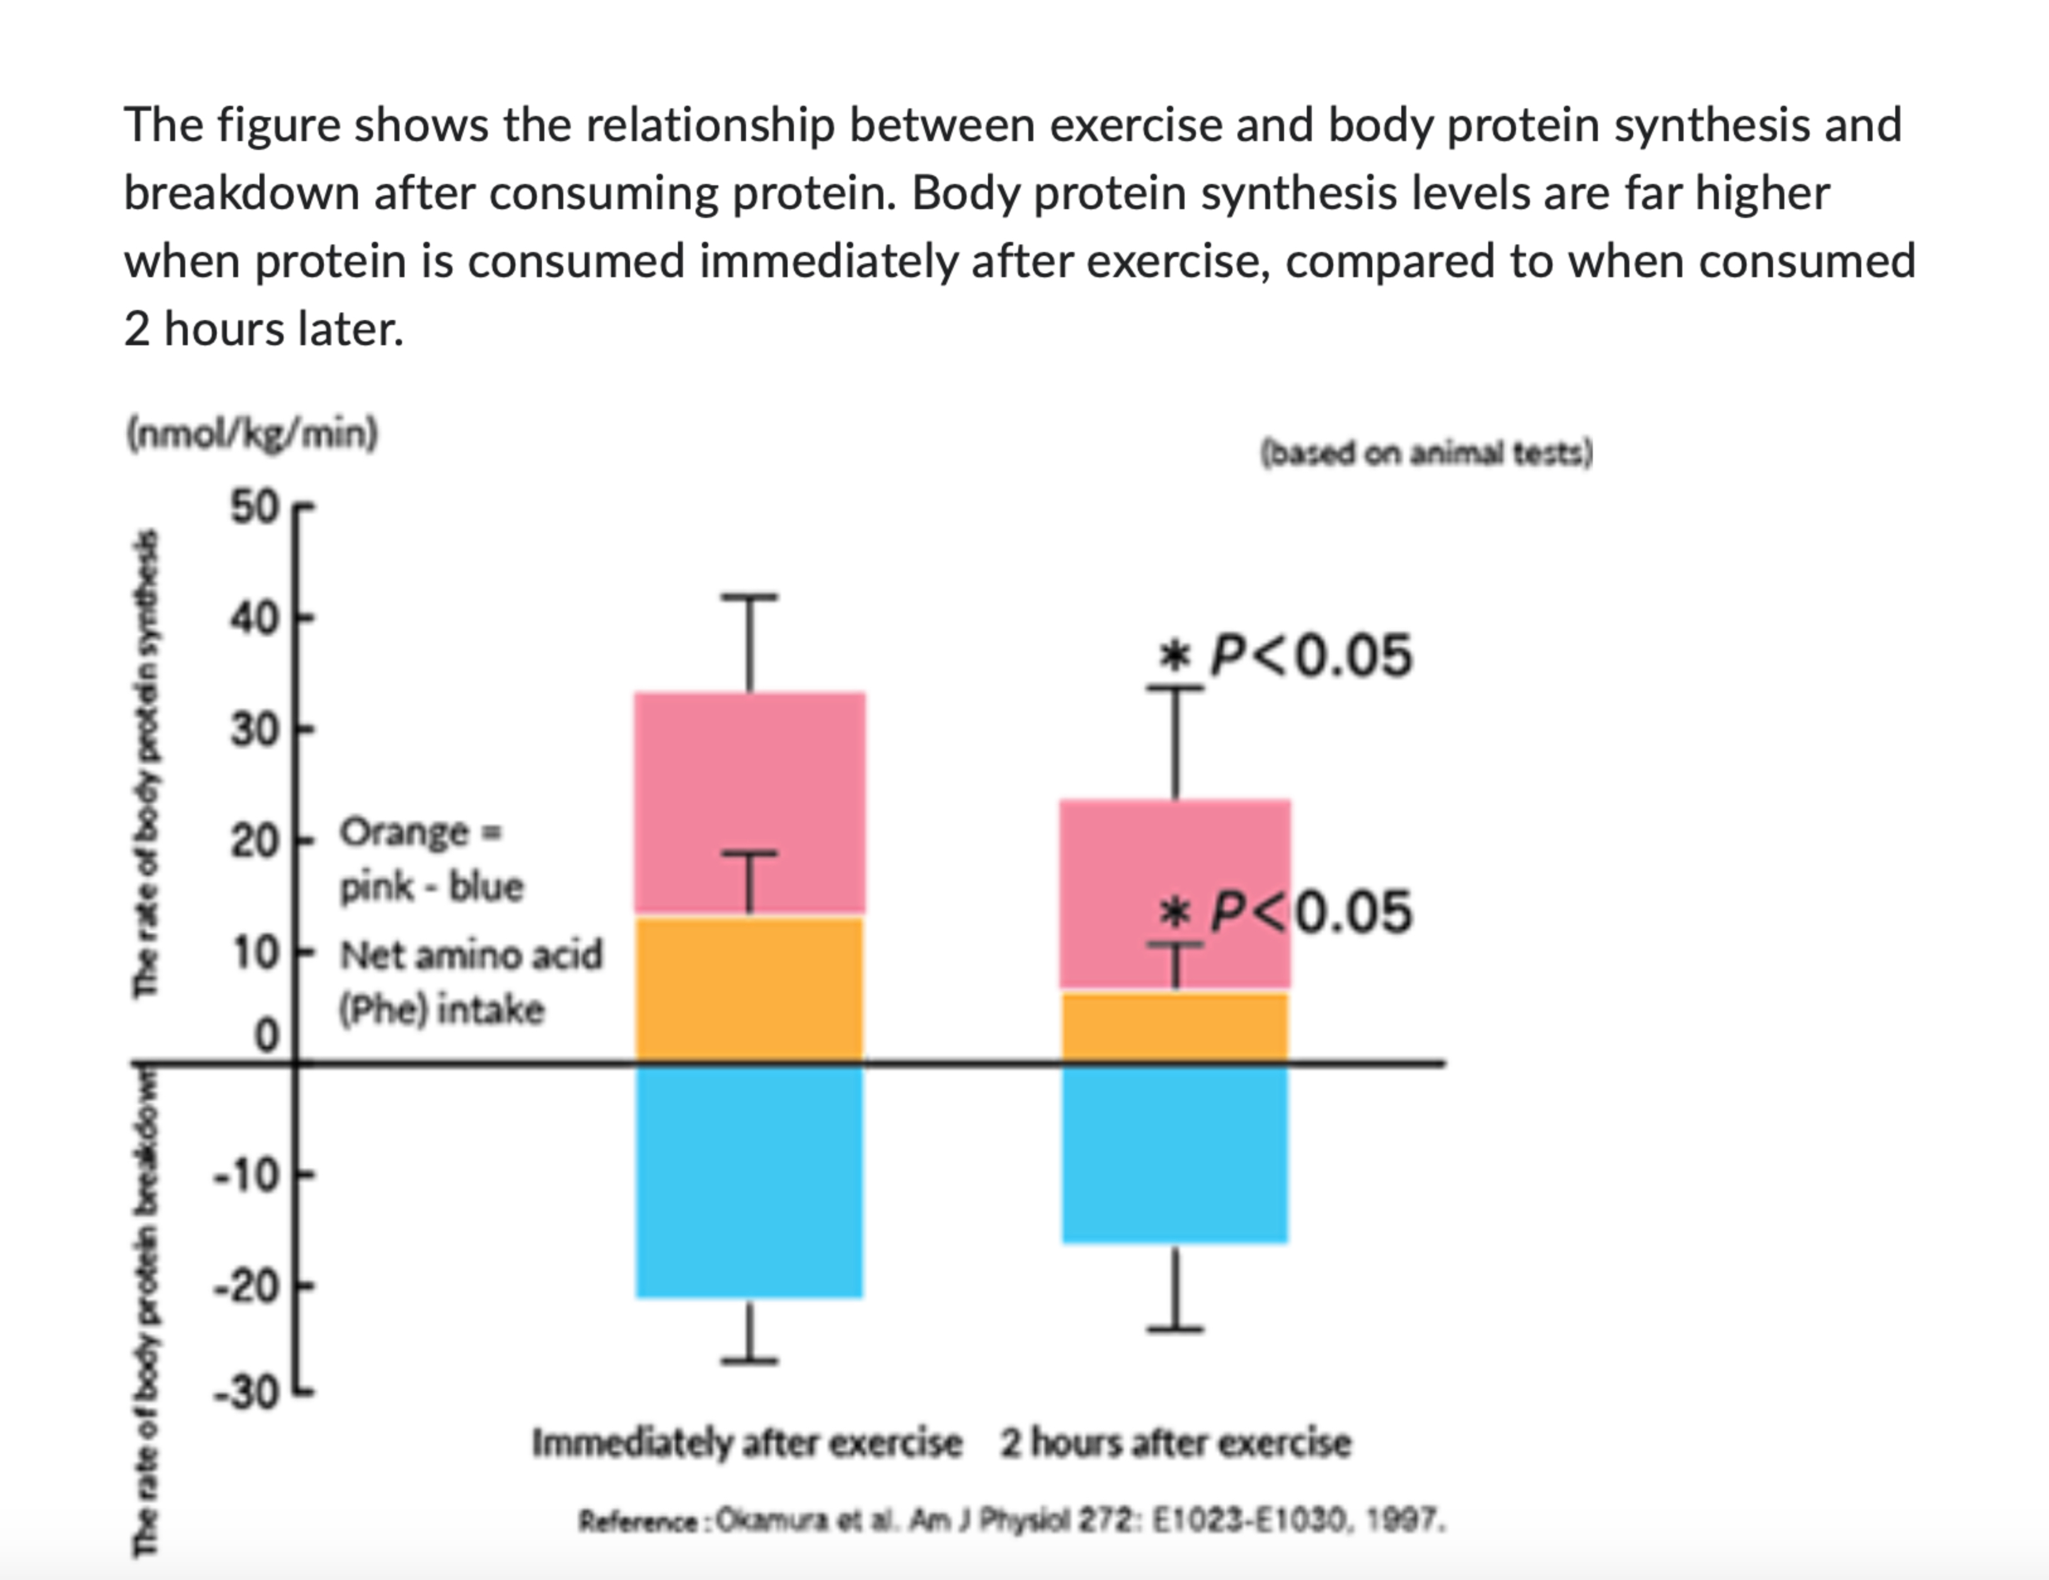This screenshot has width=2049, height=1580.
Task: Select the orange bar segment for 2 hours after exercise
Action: (1174, 1028)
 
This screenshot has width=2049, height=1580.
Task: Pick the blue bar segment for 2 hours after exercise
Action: (1174, 1154)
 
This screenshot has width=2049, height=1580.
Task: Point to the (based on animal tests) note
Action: (1426, 453)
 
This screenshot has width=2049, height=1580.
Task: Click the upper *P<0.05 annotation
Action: (1285, 655)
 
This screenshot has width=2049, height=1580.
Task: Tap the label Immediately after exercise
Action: (747, 1442)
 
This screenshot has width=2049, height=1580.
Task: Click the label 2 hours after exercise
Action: (1174, 1442)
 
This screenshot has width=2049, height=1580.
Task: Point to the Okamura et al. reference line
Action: (1011, 1520)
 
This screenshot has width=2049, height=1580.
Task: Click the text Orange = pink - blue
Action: (430, 859)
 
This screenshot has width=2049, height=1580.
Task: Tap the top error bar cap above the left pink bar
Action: (749, 597)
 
